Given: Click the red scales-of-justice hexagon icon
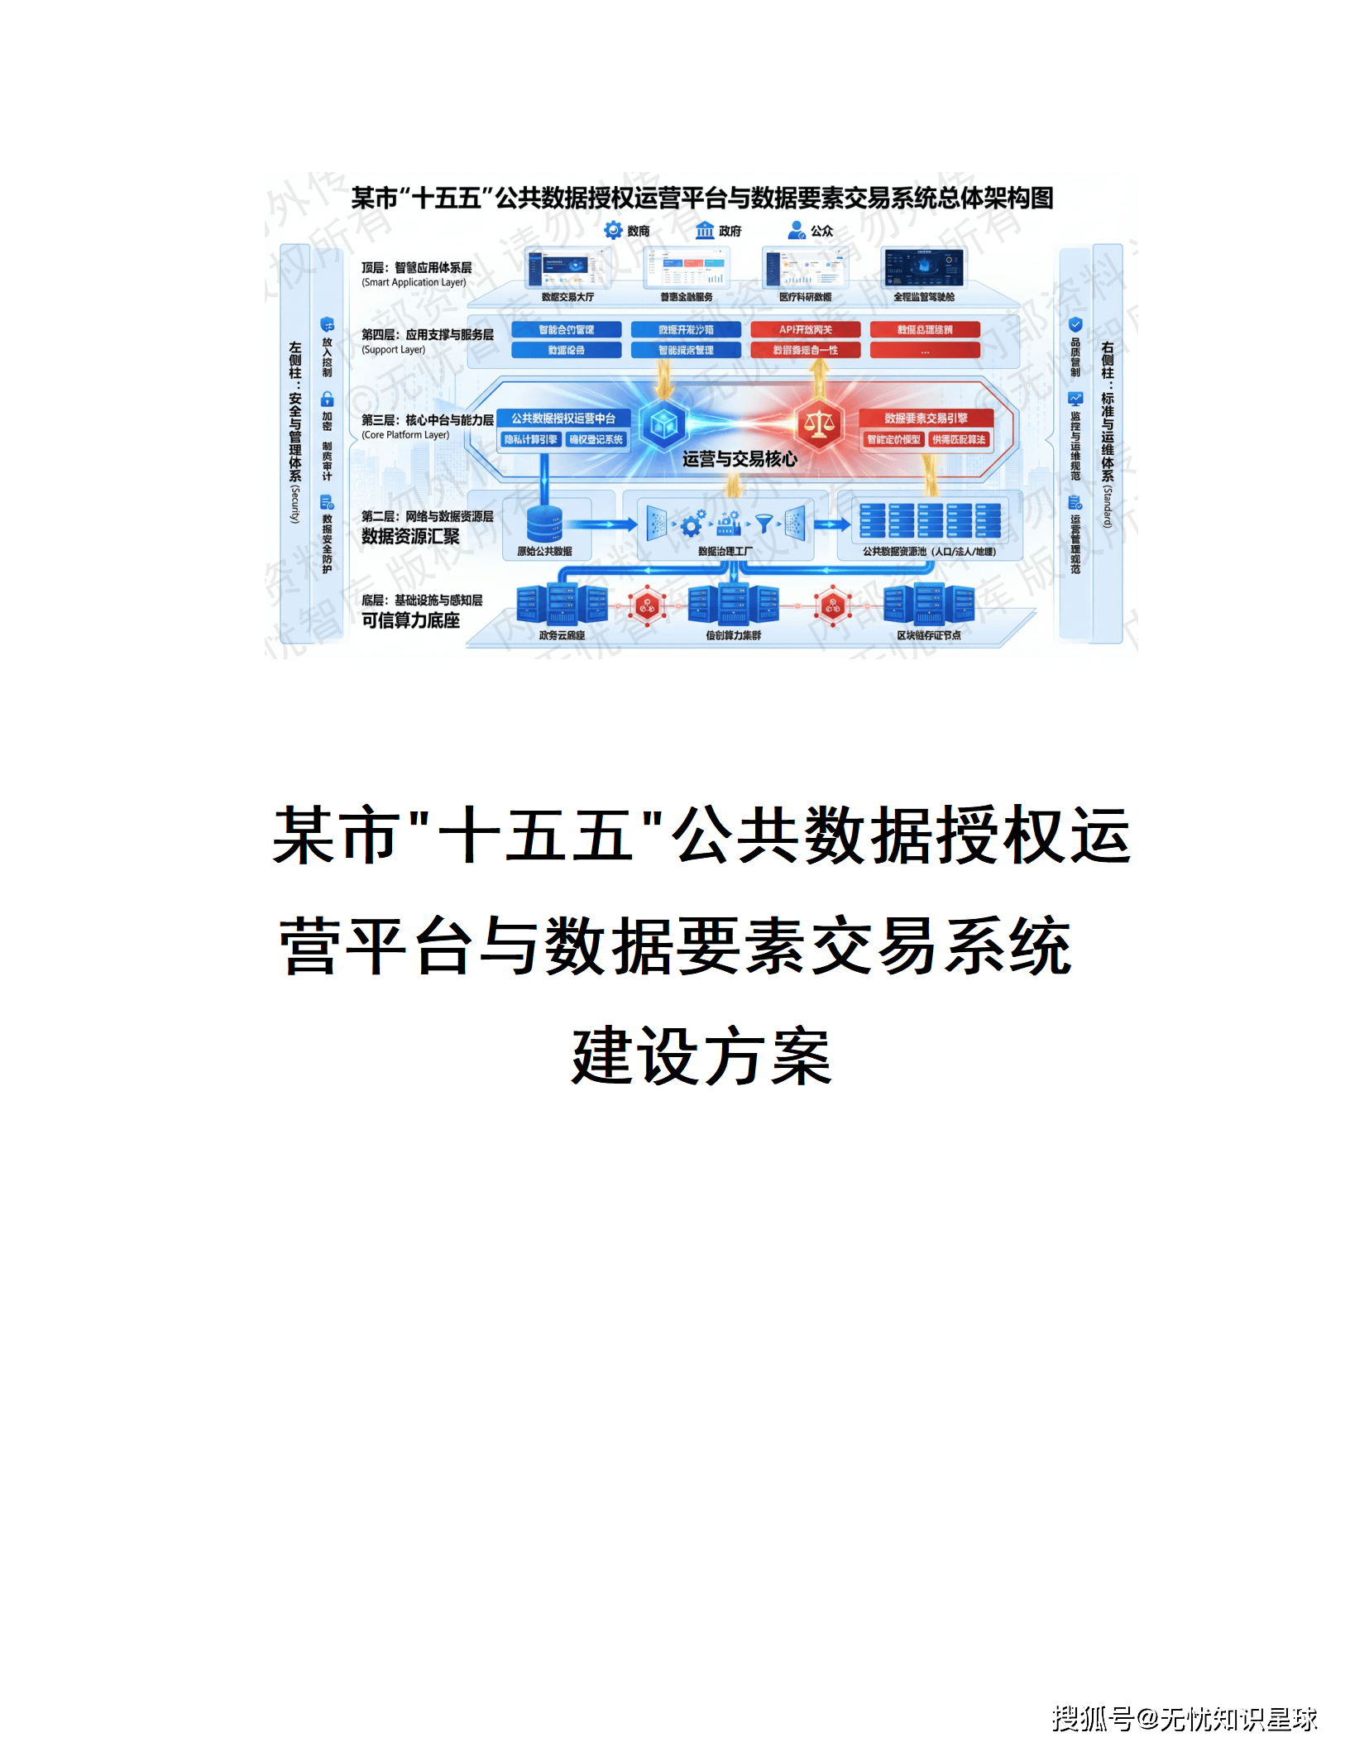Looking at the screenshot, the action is [819, 424].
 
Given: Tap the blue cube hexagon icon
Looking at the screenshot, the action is [663, 424].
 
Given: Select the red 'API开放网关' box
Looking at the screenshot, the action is [805, 329].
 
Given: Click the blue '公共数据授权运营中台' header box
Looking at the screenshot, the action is [563, 419].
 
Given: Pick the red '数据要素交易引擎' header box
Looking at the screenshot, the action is [926, 419].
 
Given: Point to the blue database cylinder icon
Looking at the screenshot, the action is [544, 524].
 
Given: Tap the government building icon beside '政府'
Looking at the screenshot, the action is [705, 231].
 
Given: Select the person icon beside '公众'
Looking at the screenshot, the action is [796, 231].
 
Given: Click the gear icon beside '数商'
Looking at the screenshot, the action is [613, 231].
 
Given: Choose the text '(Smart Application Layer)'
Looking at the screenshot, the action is [414, 283].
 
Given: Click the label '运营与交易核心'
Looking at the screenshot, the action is [740, 460].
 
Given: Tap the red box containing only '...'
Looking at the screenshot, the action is [925, 351].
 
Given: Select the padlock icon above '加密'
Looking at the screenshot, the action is [328, 399].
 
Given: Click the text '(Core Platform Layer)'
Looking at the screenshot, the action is [405, 435].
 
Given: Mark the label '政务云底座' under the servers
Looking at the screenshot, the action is [562, 635].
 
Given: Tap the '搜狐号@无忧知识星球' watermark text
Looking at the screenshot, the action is [1184, 1718].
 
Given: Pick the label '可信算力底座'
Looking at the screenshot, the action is [410, 620].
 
